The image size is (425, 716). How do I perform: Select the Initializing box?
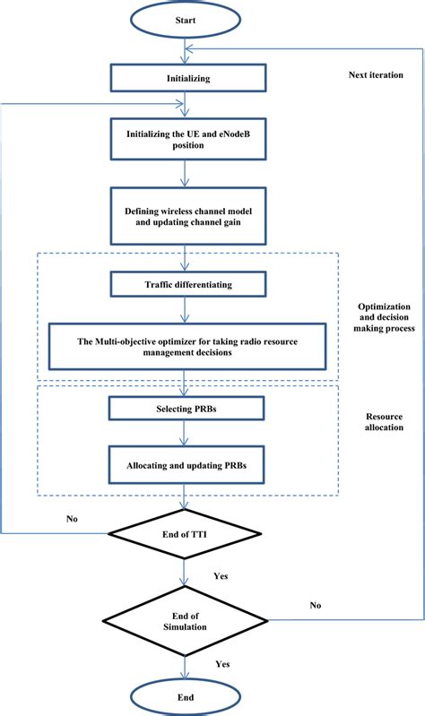point(186,78)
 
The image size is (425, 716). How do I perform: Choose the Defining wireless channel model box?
point(186,214)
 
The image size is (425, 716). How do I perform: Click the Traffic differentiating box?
point(186,284)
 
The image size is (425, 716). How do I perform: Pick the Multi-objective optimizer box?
point(186,345)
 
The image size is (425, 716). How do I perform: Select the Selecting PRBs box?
point(186,409)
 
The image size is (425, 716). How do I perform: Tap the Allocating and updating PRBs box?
point(186,467)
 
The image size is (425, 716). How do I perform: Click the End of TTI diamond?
point(185,536)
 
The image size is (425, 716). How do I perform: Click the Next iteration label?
point(375,74)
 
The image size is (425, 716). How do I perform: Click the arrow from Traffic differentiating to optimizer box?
point(185,309)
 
